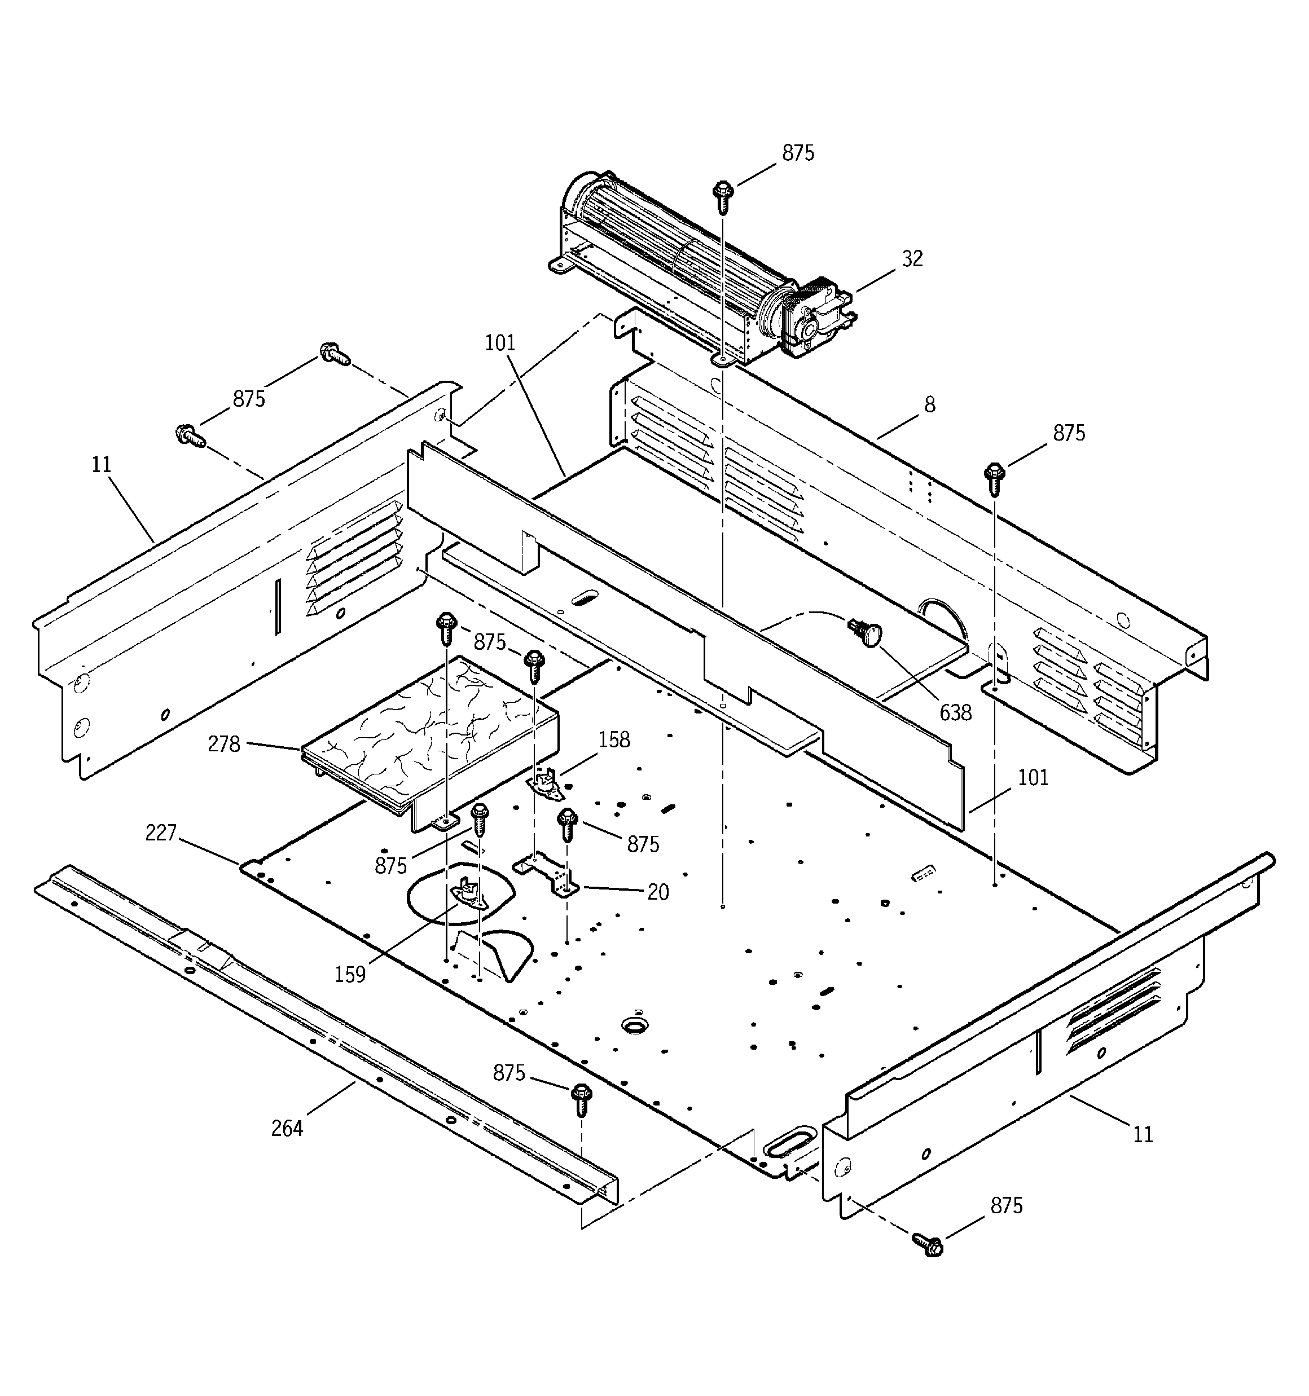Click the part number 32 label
[912, 259]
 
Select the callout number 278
[224, 743]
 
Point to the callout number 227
[161, 833]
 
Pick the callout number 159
[350, 974]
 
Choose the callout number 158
[614, 739]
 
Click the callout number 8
[930, 404]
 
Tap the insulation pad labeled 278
[429, 730]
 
